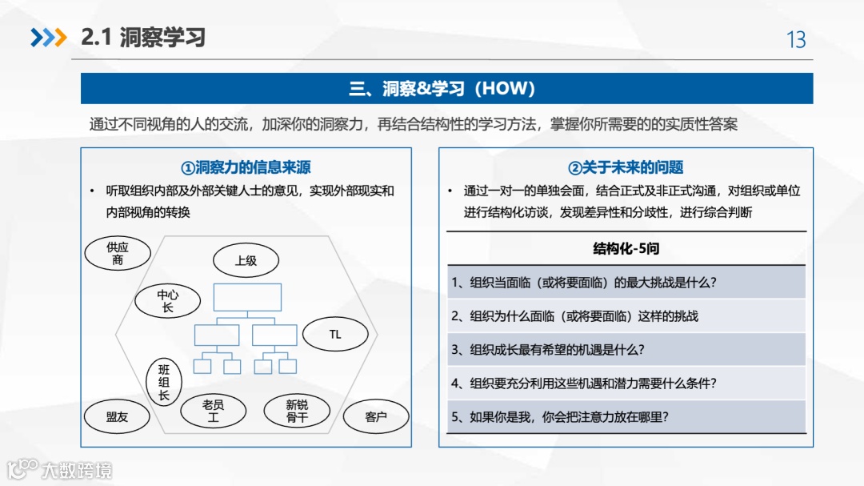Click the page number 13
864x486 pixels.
(x=796, y=39)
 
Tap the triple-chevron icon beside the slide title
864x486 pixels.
(x=48, y=38)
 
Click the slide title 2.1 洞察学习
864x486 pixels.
(x=143, y=38)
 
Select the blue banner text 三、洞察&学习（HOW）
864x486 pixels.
(x=446, y=88)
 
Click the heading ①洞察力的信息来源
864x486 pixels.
(x=246, y=167)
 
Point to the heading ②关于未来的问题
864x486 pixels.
(x=626, y=167)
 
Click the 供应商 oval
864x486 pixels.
(x=118, y=254)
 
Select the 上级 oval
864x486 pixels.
(x=246, y=261)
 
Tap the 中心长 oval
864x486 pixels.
(x=167, y=301)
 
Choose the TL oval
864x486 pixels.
(x=335, y=335)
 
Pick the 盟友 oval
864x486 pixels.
(x=117, y=417)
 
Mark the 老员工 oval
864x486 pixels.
(x=213, y=412)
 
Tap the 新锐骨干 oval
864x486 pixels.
(x=297, y=412)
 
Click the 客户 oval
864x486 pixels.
(x=375, y=417)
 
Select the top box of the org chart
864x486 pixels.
(x=247, y=297)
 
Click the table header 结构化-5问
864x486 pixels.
(x=626, y=249)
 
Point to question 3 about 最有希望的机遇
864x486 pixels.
(x=548, y=349)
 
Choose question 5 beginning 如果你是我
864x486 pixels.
(x=559, y=416)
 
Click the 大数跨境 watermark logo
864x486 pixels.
(x=60, y=470)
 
